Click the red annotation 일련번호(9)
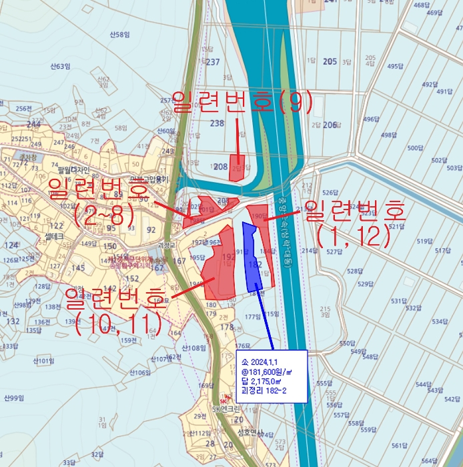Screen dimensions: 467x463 [x=242, y=102]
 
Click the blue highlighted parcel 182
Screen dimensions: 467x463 [x=254, y=264]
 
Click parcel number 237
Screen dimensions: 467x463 [x=213, y=63]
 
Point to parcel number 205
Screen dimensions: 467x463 [x=330, y=61]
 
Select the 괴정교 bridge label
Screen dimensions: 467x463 [x=157, y=246]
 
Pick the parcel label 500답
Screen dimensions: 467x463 [x=416, y=148]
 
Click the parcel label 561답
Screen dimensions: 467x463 [x=399, y=446]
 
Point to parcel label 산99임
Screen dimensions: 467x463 [x=14, y=398]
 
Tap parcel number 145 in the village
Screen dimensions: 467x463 [x=78, y=268]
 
